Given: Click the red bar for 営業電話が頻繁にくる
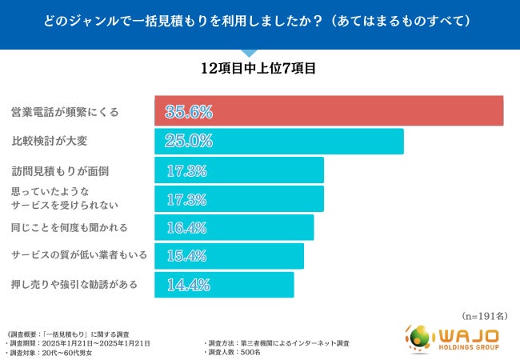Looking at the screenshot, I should [x=328, y=111].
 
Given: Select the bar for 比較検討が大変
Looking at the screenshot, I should [x=278, y=141].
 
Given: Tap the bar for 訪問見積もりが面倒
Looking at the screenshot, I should [x=238, y=170].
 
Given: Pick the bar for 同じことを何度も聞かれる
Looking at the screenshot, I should [x=234, y=227].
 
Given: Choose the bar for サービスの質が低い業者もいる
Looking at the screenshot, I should [x=229, y=256].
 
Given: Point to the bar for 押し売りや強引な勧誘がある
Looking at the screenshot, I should [x=224, y=285].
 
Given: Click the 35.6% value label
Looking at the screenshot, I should [x=189, y=111].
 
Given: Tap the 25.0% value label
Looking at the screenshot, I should [x=189, y=141].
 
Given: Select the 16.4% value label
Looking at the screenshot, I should [x=187, y=227].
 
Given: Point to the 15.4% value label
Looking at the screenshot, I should [x=187, y=256].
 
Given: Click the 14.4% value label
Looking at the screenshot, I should [x=187, y=285].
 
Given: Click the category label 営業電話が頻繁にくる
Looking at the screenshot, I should [x=65, y=112].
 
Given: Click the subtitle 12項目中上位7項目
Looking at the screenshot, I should [x=259, y=69].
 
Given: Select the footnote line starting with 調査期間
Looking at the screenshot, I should [x=78, y=342].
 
